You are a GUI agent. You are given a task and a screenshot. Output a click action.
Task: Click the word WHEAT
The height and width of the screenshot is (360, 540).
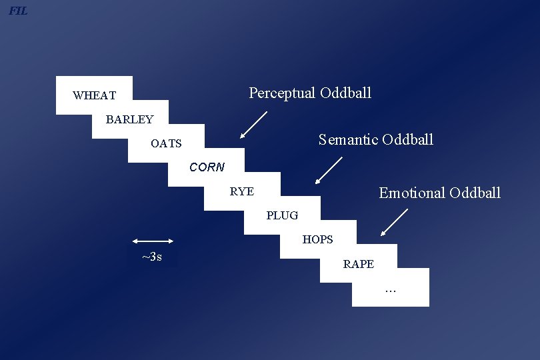pyautogui.click(x=94, y=95)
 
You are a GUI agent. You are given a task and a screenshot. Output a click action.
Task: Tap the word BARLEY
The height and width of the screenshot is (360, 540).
pyautogui.click(x=129, y=120)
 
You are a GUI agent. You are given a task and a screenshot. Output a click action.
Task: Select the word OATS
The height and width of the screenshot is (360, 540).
pyautogui.click(x=166, y=143)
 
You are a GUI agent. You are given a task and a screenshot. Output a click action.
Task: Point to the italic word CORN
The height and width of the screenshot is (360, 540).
pyautogui.click(x=207, y=167)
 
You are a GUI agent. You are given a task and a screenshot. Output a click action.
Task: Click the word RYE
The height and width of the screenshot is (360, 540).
pyautogui.click(x=241, y=191)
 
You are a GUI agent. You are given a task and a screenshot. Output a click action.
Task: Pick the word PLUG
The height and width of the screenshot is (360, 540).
pyautogui.click(x=282, y=215)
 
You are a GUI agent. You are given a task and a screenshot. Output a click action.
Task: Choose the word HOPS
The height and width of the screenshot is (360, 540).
pyautogui.click(x=317, y=239)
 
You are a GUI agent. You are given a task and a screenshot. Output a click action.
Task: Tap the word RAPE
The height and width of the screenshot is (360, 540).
pyautogui.click(x=358, y=264)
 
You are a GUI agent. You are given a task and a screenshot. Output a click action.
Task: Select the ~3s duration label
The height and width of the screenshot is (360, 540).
pyautogui.click(x=152, y=257)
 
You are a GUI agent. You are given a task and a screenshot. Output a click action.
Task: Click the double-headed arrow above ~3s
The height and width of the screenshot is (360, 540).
pyautogui.click(x=153, y=241)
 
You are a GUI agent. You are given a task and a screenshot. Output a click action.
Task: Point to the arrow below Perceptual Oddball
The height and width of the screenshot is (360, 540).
pyautogui.click(x=253, y=125)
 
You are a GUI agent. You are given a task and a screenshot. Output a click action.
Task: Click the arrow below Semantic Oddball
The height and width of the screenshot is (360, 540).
pyautogui.click(x=329, y=170)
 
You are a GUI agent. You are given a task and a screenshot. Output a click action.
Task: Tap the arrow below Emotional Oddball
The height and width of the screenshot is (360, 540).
pyautogui.click(x=394, y=222)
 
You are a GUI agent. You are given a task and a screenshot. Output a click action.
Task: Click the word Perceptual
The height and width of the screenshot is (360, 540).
pyautogui.click(x=282, y=93)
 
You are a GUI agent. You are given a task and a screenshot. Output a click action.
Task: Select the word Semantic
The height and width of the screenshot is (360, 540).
pyautogui.click(x=346, y=139)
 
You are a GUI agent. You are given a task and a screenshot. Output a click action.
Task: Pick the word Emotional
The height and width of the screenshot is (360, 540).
pyautogui.click(x=411, y=193)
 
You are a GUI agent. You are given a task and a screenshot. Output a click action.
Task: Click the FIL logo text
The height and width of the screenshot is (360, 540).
pyautogui.click(x=18, y=11)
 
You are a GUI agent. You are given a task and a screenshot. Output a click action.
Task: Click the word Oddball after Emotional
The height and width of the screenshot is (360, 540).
pyautogui.click(x=475, y=193)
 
